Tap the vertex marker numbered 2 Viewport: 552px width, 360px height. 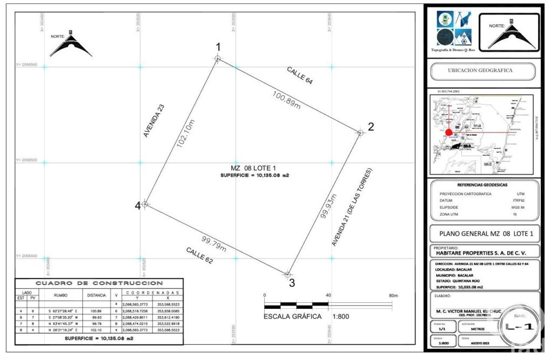tap(360, 132)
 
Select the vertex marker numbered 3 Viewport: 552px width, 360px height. tap(288, 274)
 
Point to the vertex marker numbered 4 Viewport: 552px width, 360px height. tap(144, 204)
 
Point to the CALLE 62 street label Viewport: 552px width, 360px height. tap(199, 255)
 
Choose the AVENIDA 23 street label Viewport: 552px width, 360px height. tap(154, 121)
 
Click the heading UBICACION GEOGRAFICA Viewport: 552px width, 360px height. tap(480, 70)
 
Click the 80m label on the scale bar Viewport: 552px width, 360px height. tap(393, 295)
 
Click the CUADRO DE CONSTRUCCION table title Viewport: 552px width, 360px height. tap(99, 282)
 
